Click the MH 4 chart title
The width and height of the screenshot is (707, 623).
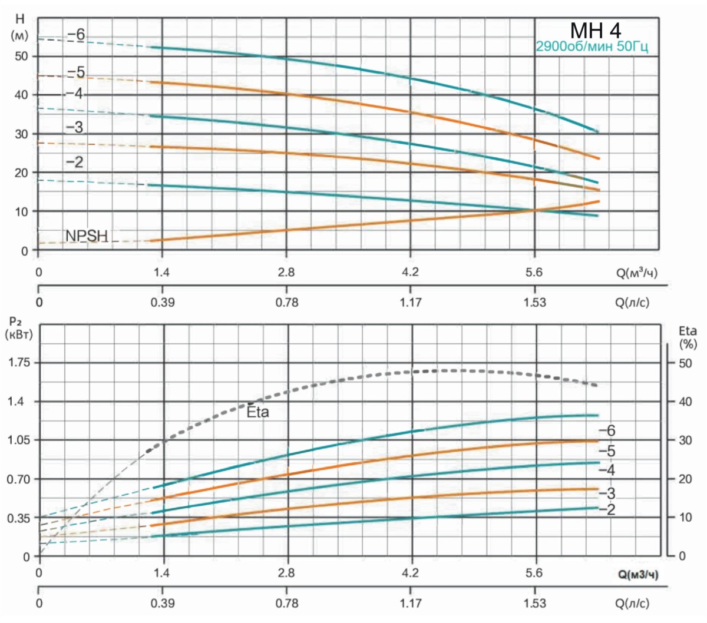pyautogui.click(x=596, y=30)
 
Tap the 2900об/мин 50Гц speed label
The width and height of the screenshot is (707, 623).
pyautogui.click(x=592, y=47)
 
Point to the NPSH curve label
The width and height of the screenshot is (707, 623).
pyautogui.click(x=87, y=236)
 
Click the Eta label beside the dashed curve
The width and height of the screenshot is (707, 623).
pyautogui.click(x=257, y=412)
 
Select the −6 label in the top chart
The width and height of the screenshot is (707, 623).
pyautogui.click(x=76, y=35)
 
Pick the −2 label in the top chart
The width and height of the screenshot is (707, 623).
pyautogui.click(x=75, y=162)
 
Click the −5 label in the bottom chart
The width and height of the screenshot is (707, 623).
pyautogui.click(x=607, y=452)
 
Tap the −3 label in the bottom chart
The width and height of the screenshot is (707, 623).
pyautogui.click(x=607, y=493)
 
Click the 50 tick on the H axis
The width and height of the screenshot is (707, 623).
pyautogui.click(x=22, y=56)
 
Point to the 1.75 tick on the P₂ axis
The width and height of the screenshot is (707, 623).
pyautogui.click(x=18, y=363)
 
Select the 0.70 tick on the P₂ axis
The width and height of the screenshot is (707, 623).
pyautogui.click(x=18, y=479)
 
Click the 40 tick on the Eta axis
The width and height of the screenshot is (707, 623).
pyautogui.click(x=685, y=402)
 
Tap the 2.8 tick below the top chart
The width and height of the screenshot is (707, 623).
pyautogui.click(x=286, y=272)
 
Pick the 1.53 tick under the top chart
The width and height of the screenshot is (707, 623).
pyautogui.click(x=534, y=303)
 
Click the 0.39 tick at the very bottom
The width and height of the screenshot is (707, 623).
pyautogui.click(x=163, y=604)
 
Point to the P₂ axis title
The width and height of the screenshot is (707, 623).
pyautogui.click(x=18, y=327)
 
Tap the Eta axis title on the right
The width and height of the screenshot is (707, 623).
pyautogui.click(x=688, y=336)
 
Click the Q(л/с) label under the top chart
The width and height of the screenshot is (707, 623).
pyautogui.click(x=632, y=303)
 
